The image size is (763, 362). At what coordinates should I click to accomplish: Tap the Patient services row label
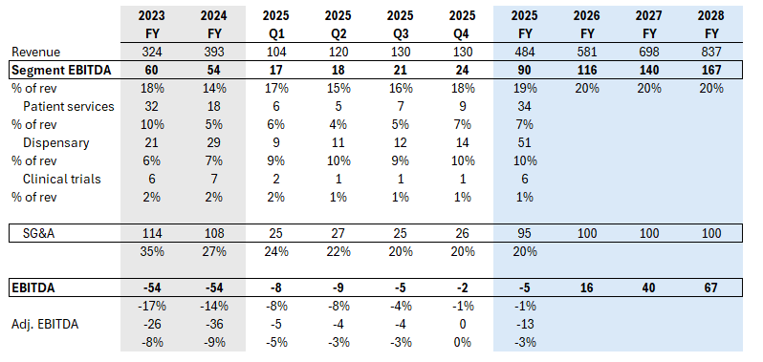click(x=69, y=106)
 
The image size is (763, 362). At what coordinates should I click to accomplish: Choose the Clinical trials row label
click(x=63, y=178)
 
